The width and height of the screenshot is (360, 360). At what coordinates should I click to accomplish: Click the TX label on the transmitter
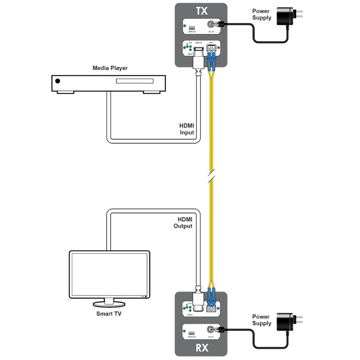[x=201, y=11]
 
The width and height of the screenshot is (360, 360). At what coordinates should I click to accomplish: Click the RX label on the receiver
[x=202, y=348]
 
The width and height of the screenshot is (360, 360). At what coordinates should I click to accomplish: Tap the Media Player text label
[x=110, y=68]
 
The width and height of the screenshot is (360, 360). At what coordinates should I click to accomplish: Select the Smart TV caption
[x=109, y=314]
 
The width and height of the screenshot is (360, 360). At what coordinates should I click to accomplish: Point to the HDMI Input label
[x=187, y=129]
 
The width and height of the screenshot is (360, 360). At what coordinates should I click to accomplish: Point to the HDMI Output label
[x=183, y=223]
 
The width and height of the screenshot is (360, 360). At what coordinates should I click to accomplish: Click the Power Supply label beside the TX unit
[x=262, y=14]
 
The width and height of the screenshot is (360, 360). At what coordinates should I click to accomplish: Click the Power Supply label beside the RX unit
[x=262, y=320]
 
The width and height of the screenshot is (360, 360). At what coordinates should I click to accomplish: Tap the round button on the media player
[x=58, y=81]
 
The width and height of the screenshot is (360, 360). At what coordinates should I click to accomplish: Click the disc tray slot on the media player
[x=135, y=81]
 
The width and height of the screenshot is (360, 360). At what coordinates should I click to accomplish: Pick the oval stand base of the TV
[x=109, y=304]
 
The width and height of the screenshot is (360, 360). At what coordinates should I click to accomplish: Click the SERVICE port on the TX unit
[x=192, y=28]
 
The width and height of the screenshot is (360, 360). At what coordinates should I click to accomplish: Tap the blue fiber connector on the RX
[x=211, y=297]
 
